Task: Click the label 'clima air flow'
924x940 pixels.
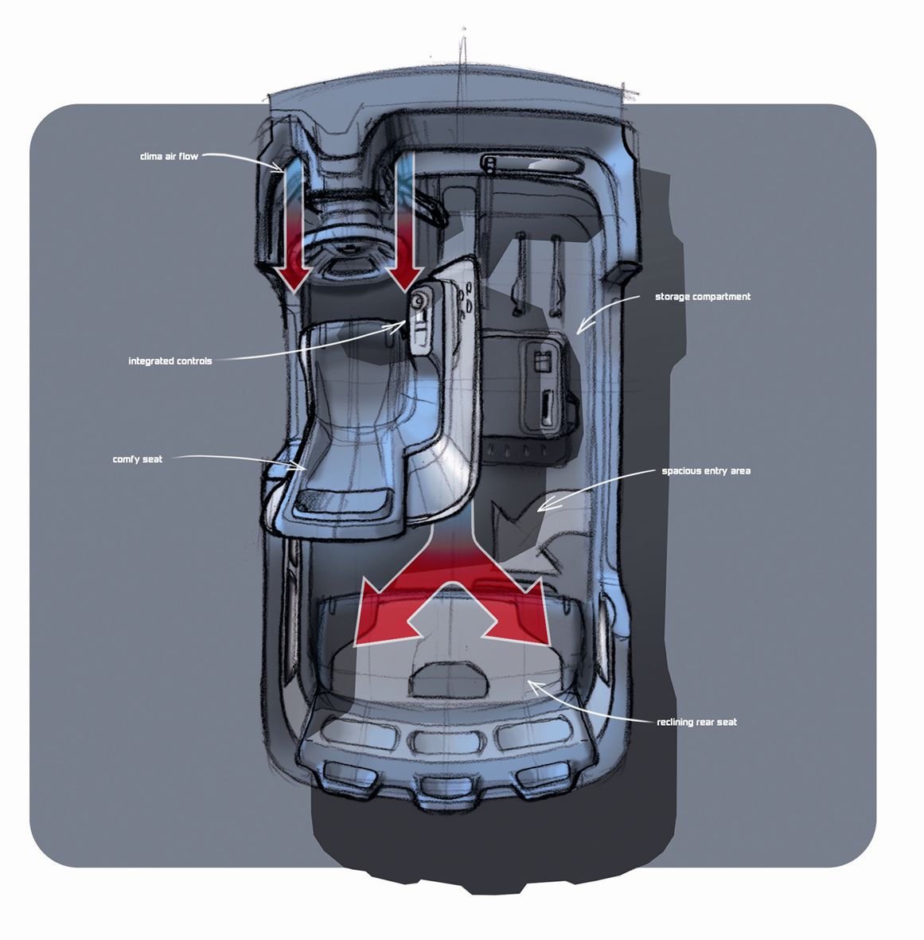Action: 169,157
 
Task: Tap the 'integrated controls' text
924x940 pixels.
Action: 170,361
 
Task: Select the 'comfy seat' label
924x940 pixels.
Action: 138,459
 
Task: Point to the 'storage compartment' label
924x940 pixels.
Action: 702,297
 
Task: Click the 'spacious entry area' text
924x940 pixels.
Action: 706,471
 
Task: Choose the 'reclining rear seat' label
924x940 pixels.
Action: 696,723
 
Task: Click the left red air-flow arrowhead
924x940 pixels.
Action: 294,276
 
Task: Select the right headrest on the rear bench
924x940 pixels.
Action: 528,732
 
